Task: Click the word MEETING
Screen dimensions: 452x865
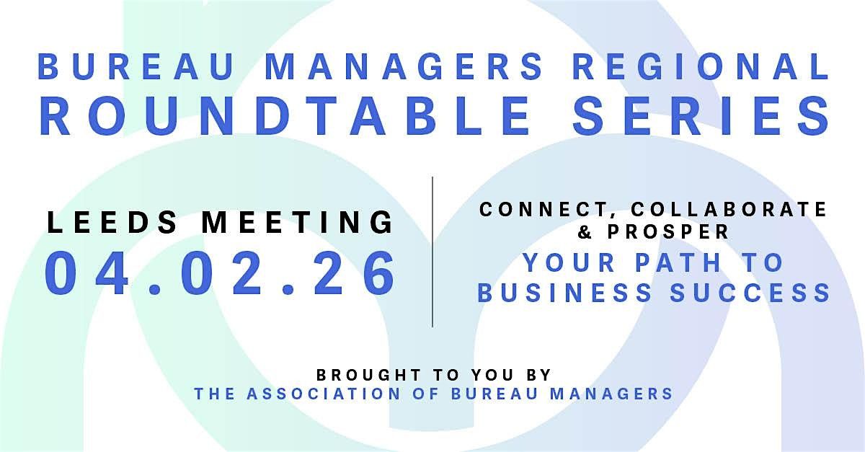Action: coord(298,221)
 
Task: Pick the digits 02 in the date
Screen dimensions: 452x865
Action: coord(221,275)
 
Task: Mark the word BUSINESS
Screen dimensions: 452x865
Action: coord(563,293)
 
